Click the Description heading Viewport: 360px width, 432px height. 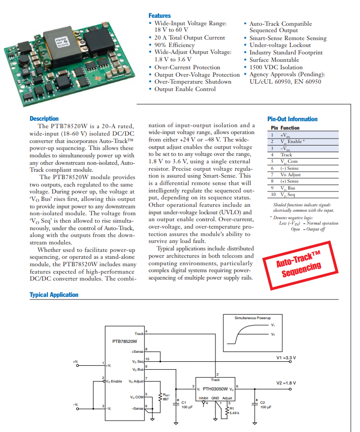[x=44, y=118]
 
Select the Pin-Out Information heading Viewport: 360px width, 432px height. [x=292, y=119]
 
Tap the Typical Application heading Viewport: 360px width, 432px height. [x=54, y=294]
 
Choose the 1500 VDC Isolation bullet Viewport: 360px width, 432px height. [x=276, y=67]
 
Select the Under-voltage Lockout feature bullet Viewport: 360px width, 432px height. [x=280, y=45]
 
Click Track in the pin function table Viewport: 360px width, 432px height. [x=286, y=155]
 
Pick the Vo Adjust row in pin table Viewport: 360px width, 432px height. [x=290, y=175]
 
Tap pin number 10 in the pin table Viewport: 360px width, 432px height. [x=271, y=194]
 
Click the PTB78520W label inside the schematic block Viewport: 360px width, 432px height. [x=125, y=341]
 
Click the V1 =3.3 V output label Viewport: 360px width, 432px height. [x=286, y=357]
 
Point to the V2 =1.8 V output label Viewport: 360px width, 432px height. [x=286, y=383]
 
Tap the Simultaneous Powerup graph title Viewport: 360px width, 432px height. [x=253, y=317]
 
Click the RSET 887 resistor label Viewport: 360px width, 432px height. [x=166, y=397]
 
